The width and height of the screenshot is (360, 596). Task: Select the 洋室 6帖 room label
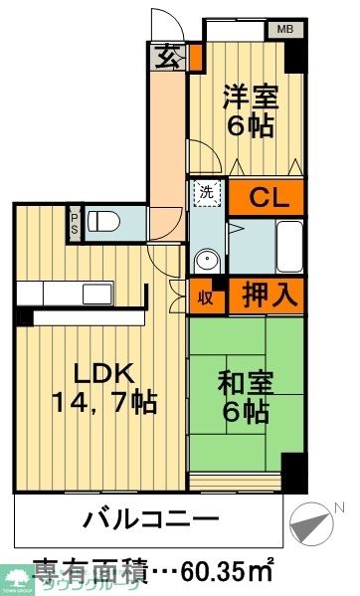click(249, 111)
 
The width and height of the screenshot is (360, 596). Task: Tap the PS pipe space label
click(75, 220)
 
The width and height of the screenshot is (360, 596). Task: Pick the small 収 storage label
click(204, 296)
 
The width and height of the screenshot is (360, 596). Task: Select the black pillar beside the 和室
click(294, 468)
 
